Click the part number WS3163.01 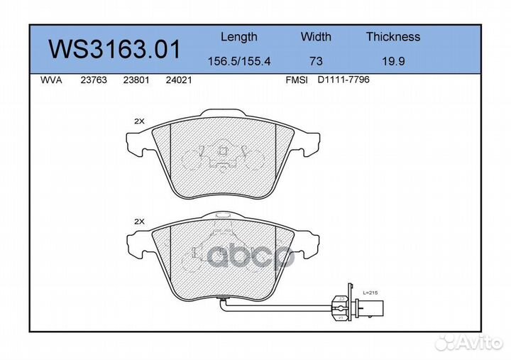coord(114,49)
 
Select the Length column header coord(238,37)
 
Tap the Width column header coord(316,37)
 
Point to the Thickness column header coord(392,37)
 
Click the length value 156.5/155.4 coord(238,62)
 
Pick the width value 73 coord(316,62)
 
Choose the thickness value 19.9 coord(393,62)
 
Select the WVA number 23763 coord(94,81)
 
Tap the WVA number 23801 coord(136,81)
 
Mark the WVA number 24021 coord(178,81)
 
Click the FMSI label coord(296,81)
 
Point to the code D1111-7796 coord(344,80)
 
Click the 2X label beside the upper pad coord(139,121)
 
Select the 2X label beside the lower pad coord(139,222)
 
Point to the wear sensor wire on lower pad coord(284,308)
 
